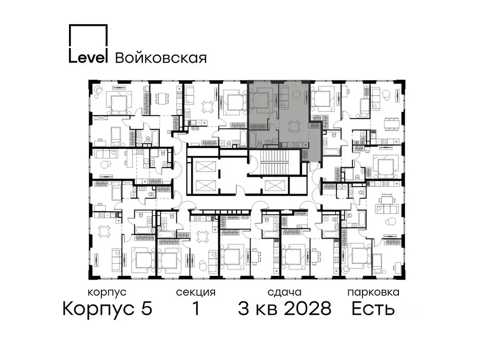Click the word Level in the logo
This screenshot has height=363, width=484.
[x=88, y=57]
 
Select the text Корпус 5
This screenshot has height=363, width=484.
[x=107, y=309]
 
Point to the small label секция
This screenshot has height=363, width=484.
[x=196, y=292]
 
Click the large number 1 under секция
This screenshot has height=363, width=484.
[x=195, y=309]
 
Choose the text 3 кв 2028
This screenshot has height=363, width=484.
[x=284, y=309]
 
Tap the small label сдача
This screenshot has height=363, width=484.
[x=284, y=292]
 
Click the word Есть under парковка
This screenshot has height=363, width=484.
[x=373, y=309]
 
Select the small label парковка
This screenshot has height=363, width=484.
[x=373, y=292]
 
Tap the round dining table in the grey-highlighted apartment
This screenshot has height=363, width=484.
[x=294, y=126]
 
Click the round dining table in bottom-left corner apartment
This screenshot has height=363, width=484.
[x=104, y=231]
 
